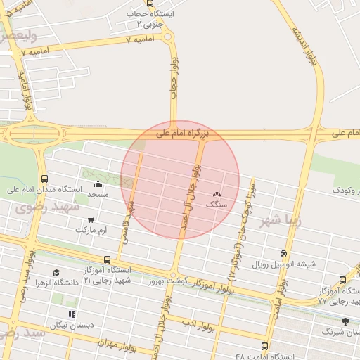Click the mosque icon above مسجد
point(98,184)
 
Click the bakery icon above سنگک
point(217,194)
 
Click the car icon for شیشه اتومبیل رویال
point(284,253)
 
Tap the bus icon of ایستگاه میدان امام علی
point(46,179)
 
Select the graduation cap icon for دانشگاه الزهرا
point(56,272)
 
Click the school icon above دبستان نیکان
point(70,315)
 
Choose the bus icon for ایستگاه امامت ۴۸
point(264,346)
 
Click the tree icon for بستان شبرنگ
point(345,321)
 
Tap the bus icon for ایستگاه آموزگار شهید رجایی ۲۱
point(107,259)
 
